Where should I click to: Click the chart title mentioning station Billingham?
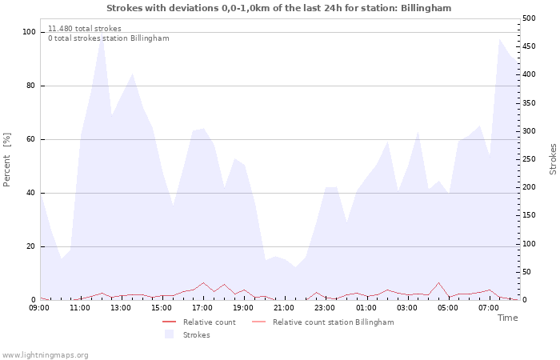[x=278, y=8]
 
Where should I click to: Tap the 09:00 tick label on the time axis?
[x=39, y=308]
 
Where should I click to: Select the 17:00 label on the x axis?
[x=202, y=308]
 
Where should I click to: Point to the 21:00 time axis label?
[x=284, y=308]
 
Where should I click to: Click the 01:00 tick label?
[x=366, y=308]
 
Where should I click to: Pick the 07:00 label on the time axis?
[x=489, y=308]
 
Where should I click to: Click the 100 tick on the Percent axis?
[x=29, y=32]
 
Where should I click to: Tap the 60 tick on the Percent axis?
[x=31, y=139]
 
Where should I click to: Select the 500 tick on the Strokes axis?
[x=529, y=18]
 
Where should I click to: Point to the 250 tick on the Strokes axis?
[x=529, y=159]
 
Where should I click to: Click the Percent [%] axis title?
[x=6, y=160]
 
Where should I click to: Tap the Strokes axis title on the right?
[x=553, y=159]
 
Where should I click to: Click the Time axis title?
[x=507, y=318]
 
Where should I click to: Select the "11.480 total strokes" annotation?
[x=85, y=29]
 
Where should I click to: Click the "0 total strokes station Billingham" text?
[x=109, y=38]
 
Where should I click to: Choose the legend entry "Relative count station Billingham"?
[x=334, y=322]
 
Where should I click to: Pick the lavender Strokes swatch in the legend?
[x=169, y=334]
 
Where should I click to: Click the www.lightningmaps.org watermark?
[x=45, y=355]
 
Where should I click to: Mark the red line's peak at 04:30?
[x=438, y=282]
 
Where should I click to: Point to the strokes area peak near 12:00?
[x=102, y=34]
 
